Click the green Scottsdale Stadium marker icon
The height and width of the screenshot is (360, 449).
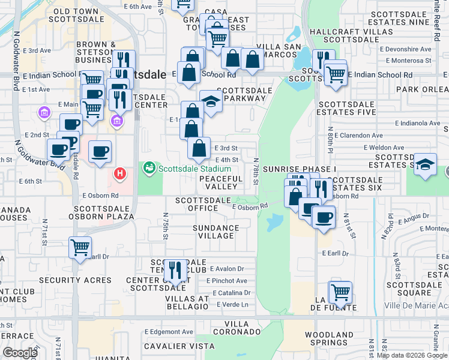pos(149,169)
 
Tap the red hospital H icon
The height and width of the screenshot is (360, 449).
pos(120,174)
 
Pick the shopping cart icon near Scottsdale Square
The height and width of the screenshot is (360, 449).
pos(340,293)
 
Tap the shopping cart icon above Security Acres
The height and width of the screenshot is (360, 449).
pos(80,247)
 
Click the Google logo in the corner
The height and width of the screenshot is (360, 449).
pos(20,352)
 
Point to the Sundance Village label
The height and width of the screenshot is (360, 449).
pos(216,232)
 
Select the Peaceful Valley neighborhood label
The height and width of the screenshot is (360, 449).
pos(221,182)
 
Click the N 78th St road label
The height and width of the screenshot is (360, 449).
pos(256,172)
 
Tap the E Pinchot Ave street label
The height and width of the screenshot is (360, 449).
pos(226,281)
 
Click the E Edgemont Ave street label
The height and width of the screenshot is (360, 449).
pos(170,332)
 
